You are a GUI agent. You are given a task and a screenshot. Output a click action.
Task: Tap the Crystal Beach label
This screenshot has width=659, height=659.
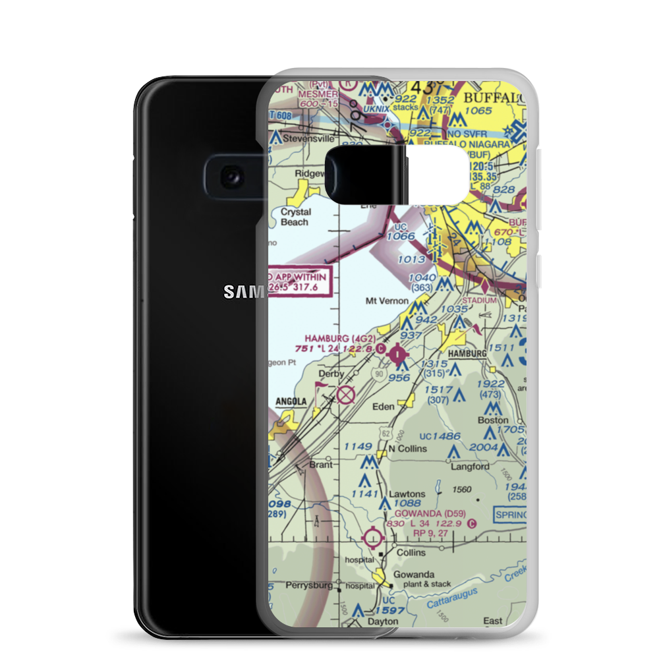coord(294,217)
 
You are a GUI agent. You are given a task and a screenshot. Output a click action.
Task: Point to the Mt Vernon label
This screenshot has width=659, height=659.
coord(387,301)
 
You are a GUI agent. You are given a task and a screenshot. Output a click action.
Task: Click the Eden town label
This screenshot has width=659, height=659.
coord(384,407)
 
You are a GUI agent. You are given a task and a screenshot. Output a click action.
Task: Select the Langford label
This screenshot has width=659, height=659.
coord(470,467)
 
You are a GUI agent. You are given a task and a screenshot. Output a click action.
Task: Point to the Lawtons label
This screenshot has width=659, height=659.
coord(407,494)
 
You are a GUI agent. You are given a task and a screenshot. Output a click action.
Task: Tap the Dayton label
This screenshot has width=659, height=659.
coord(383,621)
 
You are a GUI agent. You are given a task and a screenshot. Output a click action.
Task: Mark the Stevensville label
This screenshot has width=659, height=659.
coord(308,139)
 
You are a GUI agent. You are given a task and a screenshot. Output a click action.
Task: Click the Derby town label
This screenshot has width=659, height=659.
coord(331,374)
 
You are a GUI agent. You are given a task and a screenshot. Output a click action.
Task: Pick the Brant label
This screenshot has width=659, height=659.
coord(321,465)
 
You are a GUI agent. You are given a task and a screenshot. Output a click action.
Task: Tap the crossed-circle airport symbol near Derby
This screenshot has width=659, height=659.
coord(345,395)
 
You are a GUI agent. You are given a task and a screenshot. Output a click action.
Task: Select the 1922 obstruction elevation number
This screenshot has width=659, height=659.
coord(490,384)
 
